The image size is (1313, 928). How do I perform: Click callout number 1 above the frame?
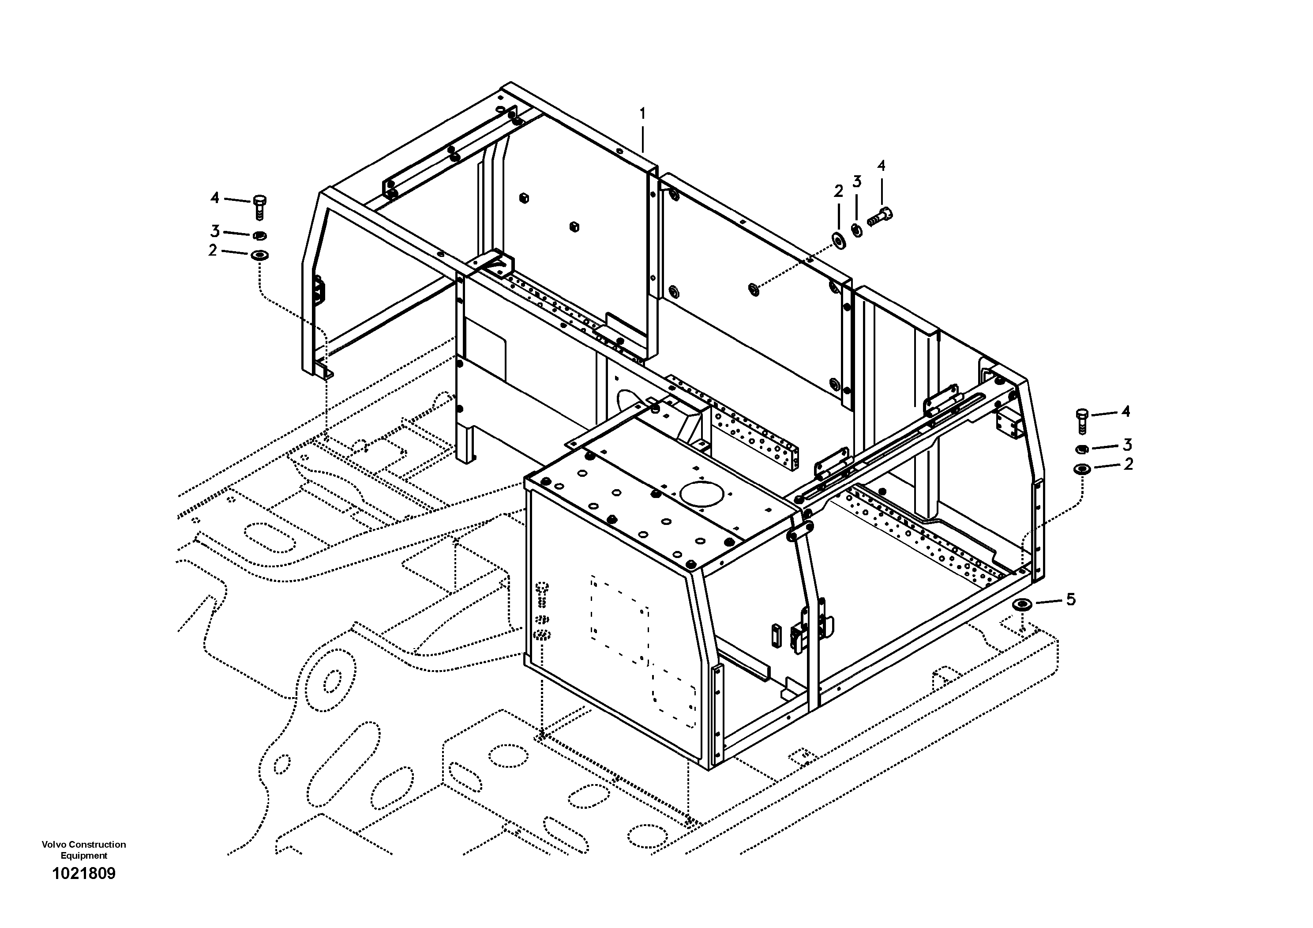tap(642, 114)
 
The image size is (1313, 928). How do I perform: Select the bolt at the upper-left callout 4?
tap(259, 207)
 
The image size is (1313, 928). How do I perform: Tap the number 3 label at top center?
tap(857, 182)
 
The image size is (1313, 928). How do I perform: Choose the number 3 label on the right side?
tap(1127, 445)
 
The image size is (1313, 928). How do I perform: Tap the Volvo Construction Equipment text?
tap(83, 849)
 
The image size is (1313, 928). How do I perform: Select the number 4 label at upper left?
tap(214, 198)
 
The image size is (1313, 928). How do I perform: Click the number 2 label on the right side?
tap(1128, 464)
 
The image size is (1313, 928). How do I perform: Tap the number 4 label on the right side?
tap(1125, 411)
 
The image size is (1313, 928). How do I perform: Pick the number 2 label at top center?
tap(838, 192)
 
